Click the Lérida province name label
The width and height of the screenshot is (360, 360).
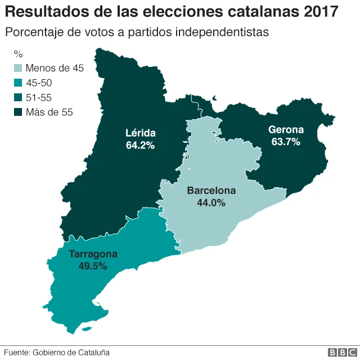coord(141,133)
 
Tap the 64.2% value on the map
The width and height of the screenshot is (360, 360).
coord(141,145)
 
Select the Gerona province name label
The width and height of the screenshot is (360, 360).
coord(286,130)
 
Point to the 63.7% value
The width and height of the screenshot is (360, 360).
coord(286,142)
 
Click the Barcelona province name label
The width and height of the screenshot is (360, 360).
coord(211,191)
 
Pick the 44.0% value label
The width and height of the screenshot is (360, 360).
coord(211,202)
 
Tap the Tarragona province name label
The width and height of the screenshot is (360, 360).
coord(93,254)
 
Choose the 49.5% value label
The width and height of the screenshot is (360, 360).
coord(93,266)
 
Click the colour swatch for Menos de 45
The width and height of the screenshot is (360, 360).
coord(18,69)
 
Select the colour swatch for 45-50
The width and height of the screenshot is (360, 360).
coord(18,83)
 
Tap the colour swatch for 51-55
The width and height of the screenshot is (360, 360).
coord(18,98)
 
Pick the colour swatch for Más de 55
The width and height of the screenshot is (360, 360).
coord(18,112)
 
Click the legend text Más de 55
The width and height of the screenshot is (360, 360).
coord(49,112)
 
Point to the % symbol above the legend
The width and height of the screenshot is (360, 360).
coord(18,55)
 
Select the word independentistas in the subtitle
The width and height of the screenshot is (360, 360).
coord(222,31)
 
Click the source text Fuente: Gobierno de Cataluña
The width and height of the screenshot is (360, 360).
coord(57,352)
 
